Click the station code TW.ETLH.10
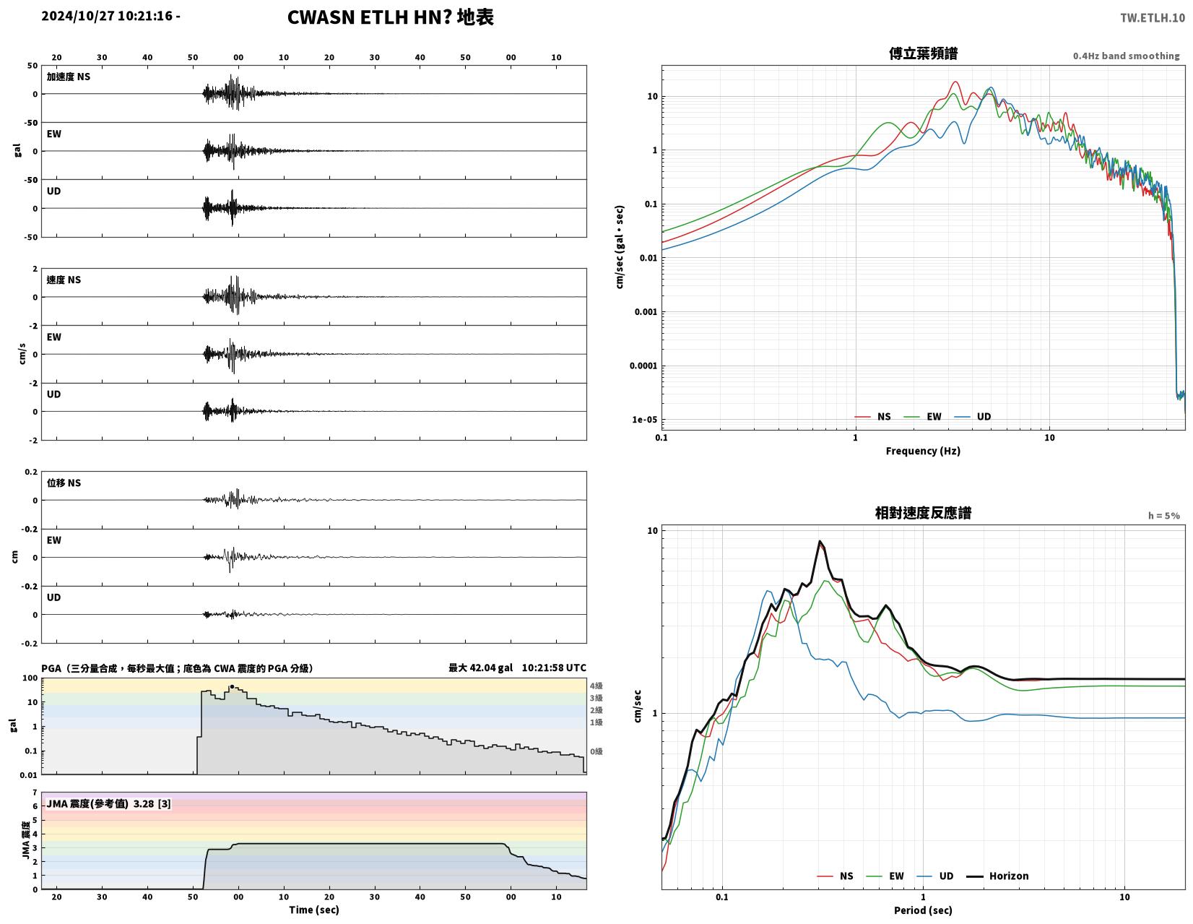[1152, 17]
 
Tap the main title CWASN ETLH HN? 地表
[391, 17]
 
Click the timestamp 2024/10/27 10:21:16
[107, 15]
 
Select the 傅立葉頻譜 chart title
[923, 53]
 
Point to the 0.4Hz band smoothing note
[1125, 56]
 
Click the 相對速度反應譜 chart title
[922, 513]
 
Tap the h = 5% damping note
[1163, 516]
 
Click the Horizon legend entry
[997, 876]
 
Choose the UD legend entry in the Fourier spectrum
[972, 417]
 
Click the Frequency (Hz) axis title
[922, 451]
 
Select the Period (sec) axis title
[922, 910]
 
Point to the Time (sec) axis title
[314, 910]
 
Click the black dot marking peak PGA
[232, 687]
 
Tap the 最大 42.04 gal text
[480, 668]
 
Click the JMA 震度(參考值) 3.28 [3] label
[108, 804]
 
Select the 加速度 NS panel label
[68, 77]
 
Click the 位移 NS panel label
[64, 483]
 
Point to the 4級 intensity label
[596, 686]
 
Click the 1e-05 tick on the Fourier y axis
[644, 420]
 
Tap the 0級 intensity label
[596, 751]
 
